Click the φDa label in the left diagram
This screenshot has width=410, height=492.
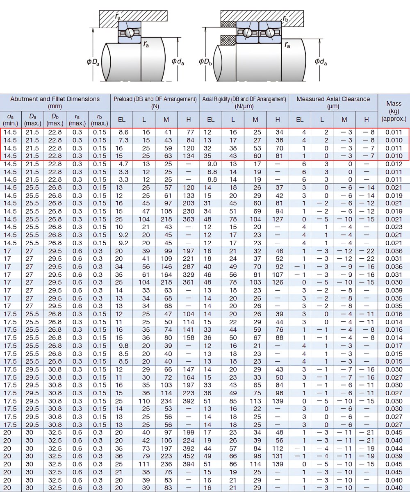point(93,62)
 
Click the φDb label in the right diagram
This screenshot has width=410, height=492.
point(205,62)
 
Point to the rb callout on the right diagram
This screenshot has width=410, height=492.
point(286,18)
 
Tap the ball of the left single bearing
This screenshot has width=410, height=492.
point(129,32)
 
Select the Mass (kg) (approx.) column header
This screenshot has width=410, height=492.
point(394,111)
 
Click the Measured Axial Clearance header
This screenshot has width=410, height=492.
point(333,102)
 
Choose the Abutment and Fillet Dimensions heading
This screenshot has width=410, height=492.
point(55,102)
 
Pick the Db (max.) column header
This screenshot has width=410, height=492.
point(55,120)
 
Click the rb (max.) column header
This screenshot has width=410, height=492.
point(100,120)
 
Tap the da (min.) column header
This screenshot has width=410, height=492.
point(10,120)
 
